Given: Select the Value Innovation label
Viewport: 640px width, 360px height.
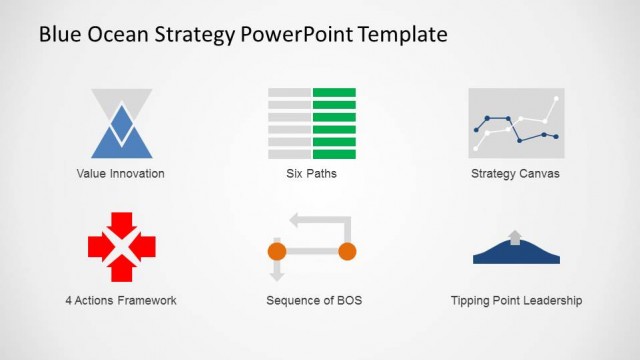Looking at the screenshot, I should pyautogui.click(x=120, y=173).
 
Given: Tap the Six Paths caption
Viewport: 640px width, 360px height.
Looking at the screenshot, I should pyautogui.click(x=311, y=173).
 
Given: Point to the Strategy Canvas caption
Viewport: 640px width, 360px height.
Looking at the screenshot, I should pyautogui.click(x=515, y=173).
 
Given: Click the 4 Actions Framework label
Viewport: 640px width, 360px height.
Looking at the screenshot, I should pyautogui.click(x=120, y=300).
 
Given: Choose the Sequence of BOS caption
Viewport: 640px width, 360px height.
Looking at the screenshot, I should pyautogui.click(x=314, y=300).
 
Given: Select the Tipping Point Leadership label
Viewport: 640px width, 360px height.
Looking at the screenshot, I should pyautogui.click(x=516, y=300).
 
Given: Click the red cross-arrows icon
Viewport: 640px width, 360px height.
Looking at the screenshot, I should pyautogui.click(x=121, y=246).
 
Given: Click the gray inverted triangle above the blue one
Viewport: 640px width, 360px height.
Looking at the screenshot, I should pyautogui.click(x=121, y=100).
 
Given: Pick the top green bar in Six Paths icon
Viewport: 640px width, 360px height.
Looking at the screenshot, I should pyautogui.click(x=334, y=93).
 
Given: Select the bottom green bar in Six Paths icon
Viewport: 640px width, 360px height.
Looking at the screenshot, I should pyautogui.click(x=334, y=154).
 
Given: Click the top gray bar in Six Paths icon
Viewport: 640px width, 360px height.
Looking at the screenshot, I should pyautogui.click(x=289, y=93).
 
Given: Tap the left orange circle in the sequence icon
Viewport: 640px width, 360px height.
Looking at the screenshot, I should pyautogui.click(x=277, y=250).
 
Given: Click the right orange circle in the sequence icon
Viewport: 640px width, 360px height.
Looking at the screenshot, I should pyautogui.click(x=347, y=250).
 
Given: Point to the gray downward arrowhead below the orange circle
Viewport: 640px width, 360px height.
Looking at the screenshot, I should pyautogui.click(x=277, y=273).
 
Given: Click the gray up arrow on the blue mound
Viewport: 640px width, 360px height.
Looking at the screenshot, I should pyautogui.click(x=515, y=237).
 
